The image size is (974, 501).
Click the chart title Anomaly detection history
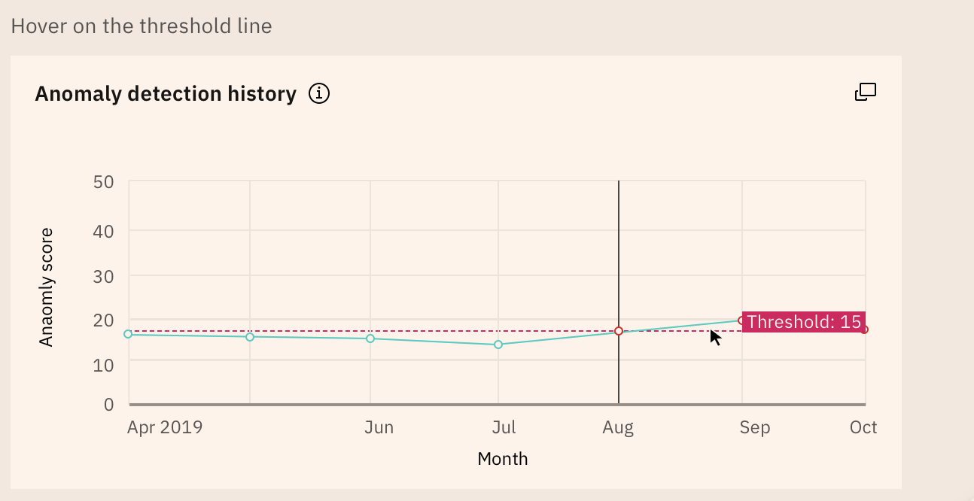pos(166,94)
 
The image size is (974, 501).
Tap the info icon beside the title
pos(319,94)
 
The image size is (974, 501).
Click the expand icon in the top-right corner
pos(866,92)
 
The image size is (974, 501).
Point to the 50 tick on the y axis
pos(103,182)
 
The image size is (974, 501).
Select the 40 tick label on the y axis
pos(103,231)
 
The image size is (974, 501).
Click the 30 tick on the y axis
pos(103,276)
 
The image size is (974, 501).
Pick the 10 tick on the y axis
pos(103,365)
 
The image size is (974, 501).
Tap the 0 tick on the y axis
pos(108,405)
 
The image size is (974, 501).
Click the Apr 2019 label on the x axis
pos(165,428)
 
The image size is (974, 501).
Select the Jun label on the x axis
pos(379,428)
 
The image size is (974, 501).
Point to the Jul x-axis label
pos(504,428)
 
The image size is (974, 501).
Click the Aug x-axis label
pos(618,428)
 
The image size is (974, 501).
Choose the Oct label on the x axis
pos(863,428)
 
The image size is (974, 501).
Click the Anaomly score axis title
pos(47,287)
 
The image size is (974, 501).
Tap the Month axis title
pos(503,459)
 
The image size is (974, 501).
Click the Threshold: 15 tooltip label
pos(803,322)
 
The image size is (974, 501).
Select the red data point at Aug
pos(619,331)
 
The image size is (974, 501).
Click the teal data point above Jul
pos(498,345)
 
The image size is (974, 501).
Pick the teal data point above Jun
pos(370,339)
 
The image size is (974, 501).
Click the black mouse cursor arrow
pos(714,336)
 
